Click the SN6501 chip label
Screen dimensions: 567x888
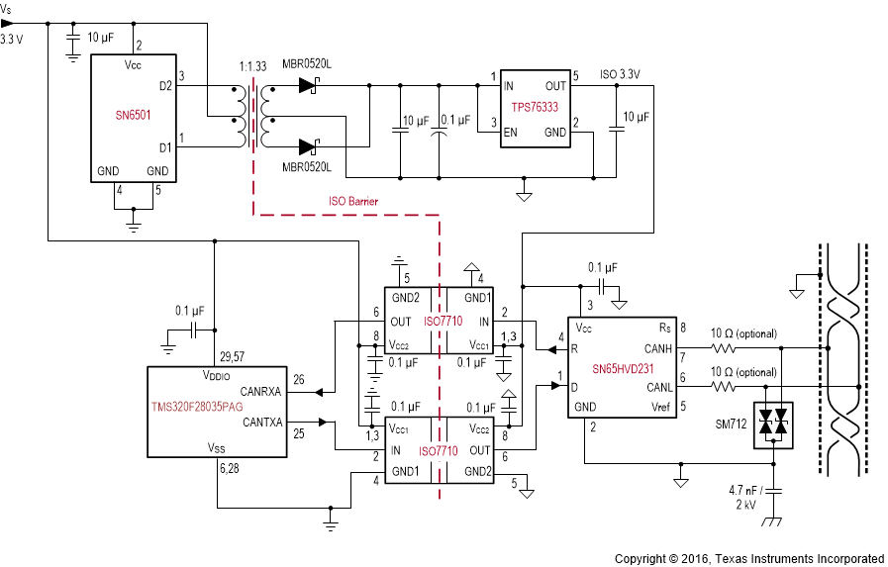point(132,116)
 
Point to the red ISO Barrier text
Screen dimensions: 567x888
point(353,201)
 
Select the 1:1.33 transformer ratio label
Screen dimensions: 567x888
point(252,67)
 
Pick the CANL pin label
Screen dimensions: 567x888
point(657,387)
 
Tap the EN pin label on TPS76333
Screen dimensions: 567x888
point(511,132)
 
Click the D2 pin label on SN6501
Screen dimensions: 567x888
point(164,87)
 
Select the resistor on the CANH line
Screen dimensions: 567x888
point(727,348)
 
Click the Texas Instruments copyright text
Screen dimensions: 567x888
point(748,558)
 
